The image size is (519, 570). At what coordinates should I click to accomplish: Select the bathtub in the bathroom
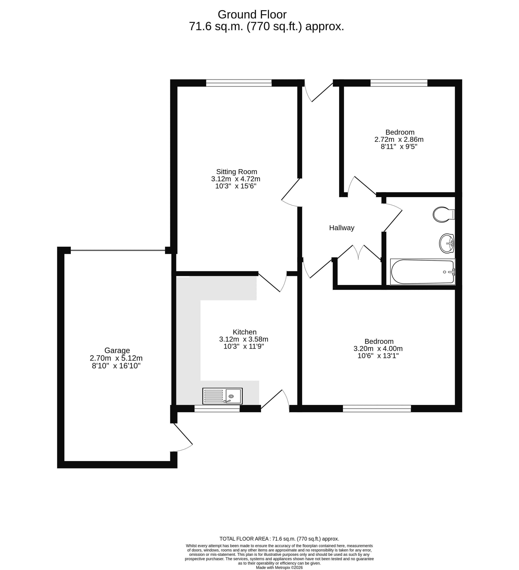423,272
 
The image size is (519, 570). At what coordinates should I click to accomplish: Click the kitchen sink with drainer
222,396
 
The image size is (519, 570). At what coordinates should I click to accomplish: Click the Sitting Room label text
236,172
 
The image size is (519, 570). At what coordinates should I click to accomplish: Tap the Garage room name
117,351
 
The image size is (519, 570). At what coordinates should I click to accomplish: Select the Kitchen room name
245,332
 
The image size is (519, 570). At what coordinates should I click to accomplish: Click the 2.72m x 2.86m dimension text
399,139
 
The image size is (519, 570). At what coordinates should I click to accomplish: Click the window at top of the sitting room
239,83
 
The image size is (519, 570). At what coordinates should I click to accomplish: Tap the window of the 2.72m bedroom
399,83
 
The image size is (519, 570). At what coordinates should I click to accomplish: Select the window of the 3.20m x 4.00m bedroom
377,408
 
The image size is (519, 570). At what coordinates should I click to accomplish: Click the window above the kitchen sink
217,408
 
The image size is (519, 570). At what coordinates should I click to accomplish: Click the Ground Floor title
252,14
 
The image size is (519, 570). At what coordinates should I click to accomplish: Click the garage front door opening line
118,250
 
